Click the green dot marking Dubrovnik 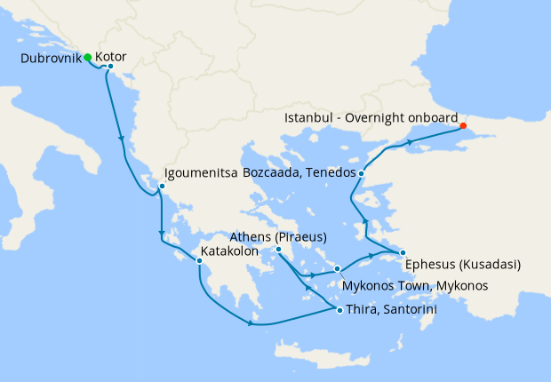88,58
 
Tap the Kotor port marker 110,67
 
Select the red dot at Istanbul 463,125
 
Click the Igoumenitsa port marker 161,187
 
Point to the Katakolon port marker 199,260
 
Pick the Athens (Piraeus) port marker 278,250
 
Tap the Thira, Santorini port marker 339,309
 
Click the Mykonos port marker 338,268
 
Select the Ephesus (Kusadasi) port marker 403,252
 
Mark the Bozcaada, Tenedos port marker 361,172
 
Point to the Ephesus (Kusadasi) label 462,265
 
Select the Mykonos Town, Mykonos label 415,286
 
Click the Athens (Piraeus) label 278,237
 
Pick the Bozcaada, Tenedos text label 300,172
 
